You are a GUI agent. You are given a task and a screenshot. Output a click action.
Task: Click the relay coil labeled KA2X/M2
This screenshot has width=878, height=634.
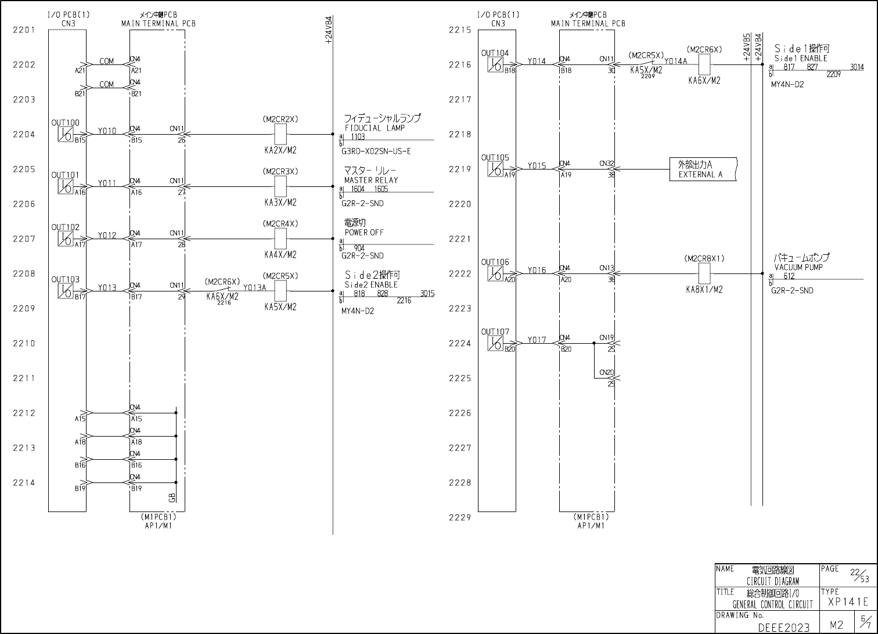point(280,135)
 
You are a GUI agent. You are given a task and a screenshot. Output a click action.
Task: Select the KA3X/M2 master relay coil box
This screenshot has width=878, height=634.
point(280,187)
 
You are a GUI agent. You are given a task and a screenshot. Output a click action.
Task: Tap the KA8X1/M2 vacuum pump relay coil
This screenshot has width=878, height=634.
point(704,273)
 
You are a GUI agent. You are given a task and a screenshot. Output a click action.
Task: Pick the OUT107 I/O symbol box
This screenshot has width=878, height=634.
point(495,343)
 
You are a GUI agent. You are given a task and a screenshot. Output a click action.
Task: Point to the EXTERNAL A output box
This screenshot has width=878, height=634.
point(703,170)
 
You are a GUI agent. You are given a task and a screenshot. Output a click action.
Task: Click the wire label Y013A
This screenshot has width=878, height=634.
point(254,287)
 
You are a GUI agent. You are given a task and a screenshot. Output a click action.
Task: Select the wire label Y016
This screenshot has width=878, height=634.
point(537,271)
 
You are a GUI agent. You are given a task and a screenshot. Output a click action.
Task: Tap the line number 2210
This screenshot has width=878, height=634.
point(24,343)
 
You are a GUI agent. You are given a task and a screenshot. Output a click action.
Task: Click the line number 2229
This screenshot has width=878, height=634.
point(459,517)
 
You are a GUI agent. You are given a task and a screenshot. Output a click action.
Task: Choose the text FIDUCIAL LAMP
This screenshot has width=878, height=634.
point(375,128)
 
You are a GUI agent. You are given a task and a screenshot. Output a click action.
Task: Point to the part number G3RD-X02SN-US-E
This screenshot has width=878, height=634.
point(376,152)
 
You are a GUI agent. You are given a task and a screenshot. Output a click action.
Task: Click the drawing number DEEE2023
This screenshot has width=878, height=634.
point(783,628)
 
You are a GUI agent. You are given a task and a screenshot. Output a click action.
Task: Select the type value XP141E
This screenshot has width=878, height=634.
point(848,602)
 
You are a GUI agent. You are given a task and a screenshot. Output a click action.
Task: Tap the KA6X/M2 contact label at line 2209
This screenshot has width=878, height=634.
point(222,297)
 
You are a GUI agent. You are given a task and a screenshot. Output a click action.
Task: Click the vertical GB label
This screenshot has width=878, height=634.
point(172,498)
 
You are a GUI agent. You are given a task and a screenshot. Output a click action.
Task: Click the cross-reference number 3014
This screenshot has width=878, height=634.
point(857,67)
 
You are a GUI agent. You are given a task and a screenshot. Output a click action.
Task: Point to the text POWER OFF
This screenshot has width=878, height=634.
point(364,232)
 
